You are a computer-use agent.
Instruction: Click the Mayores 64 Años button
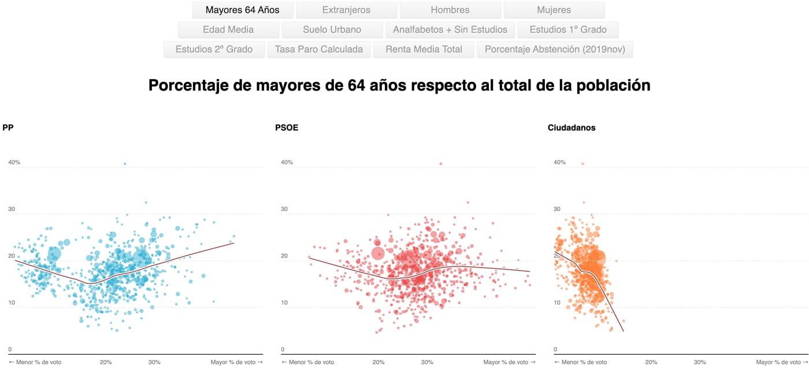click(243, 10)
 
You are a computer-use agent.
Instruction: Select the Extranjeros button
click(346, 10)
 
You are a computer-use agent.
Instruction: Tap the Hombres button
click(450, 10)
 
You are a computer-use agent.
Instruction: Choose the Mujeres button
click(554, 10)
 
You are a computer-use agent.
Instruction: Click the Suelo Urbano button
click(332, 30)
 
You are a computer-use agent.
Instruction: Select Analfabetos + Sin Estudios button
click(450, 30)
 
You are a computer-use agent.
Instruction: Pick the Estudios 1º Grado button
click(567, 30)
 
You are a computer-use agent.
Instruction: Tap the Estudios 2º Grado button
click(214, 50)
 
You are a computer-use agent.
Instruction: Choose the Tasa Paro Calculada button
click(318, 50)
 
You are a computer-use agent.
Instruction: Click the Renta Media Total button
click(424, 50)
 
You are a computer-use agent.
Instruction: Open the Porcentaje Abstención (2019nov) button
click(555, 50)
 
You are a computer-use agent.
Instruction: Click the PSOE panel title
click(287, 128)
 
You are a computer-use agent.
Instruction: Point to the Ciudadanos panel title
click(571, 128)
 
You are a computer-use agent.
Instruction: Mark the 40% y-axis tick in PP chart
click(14, 163)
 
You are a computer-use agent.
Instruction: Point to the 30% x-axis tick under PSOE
click(427, 362)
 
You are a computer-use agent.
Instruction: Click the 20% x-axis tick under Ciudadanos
click(651, 362)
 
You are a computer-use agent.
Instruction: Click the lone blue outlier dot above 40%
click(124, 164)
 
